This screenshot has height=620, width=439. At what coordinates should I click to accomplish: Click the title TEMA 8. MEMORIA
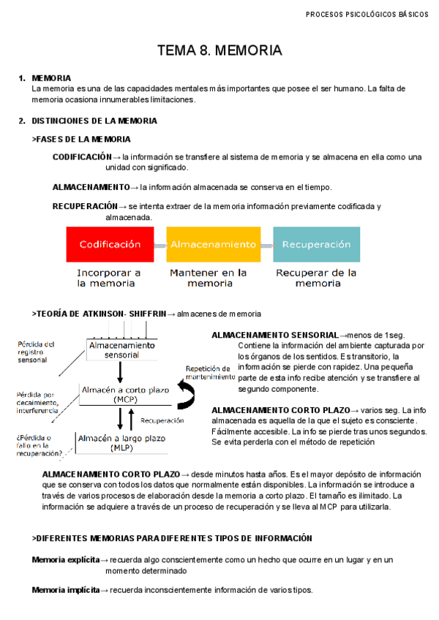(x=219, y=50)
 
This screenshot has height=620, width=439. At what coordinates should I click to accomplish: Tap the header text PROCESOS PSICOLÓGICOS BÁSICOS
(x=367, y=14)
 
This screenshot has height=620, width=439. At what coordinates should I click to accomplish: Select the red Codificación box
(x=110, y=244)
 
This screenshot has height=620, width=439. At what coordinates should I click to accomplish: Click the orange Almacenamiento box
(x=214, y=244)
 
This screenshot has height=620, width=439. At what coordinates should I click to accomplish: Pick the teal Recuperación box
(x=317, y=244)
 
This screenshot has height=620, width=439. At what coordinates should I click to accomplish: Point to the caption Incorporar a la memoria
(x=110, y=278)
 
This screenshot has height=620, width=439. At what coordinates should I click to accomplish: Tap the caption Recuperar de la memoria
(x=317, y=278)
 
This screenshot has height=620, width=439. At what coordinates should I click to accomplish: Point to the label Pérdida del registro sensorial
(x=35, y=352)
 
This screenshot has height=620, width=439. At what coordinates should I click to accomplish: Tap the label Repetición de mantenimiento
(x=210, y=373)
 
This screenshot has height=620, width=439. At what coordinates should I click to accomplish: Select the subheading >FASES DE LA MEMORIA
(x=82, y=139)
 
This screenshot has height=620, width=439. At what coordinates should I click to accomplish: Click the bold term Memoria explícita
(x=66, y=560)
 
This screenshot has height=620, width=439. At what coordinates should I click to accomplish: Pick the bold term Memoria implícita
(x=66, y=590)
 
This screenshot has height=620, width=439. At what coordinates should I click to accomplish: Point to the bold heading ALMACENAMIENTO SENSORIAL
(x=274, y=335)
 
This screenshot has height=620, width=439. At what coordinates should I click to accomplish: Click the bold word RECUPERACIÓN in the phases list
(x=85, y=207)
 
